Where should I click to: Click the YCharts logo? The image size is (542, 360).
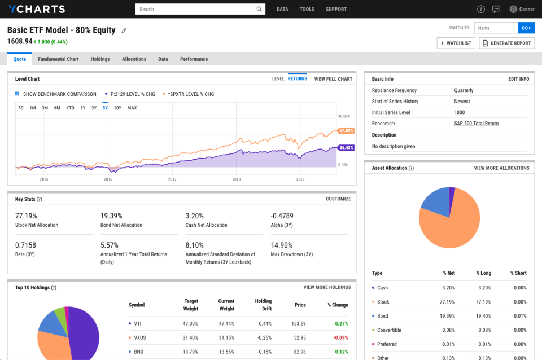coord(36,9)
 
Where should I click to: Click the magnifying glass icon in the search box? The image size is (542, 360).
coord(260,9)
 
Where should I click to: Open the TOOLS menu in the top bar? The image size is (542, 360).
coord(307,9)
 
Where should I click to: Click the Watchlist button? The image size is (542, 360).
coord(456,43)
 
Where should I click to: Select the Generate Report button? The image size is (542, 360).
coord(506,43)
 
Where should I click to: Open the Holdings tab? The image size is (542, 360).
coord(100,59)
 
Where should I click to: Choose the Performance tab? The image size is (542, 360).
coord(194,59)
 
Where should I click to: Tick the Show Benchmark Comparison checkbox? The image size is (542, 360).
coord(18,94)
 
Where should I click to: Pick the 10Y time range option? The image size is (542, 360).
coord(117,108)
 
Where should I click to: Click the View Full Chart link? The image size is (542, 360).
coord(333,79)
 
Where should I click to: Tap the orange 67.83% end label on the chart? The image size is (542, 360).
coord(346,131)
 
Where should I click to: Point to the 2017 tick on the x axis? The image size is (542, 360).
coord(172,179)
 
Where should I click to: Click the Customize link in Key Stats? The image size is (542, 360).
coord(338,199)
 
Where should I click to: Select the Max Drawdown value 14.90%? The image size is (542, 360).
coord(282,245)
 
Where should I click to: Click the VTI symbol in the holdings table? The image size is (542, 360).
coord(138,323)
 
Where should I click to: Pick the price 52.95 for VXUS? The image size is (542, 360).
coord(299,337)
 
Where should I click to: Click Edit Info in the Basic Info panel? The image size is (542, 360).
coord(518,79)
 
